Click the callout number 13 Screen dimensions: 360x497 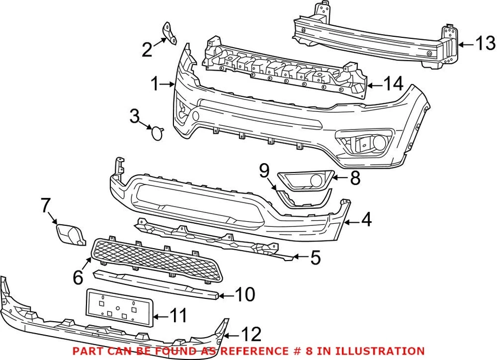coord(486,45)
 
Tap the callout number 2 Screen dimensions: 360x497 coord(148,50)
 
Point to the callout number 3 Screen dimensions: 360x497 coord(135,116)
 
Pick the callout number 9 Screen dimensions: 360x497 coord(264,169)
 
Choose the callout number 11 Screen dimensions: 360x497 coord(179,314)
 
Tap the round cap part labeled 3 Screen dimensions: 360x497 coord(156,133)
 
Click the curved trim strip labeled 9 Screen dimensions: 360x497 coord(302,199)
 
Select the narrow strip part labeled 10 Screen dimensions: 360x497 coord(155,283)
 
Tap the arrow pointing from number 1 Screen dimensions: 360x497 coord(168,83)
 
